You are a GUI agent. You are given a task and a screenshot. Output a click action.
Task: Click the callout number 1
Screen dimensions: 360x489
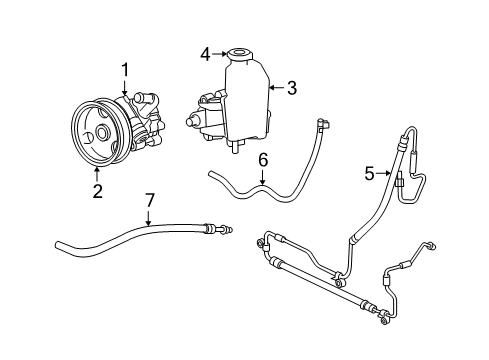click(125, 69)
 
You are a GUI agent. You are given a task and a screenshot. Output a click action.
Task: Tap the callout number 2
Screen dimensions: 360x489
click(97, 192)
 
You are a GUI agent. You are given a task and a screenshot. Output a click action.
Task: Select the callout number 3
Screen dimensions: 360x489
click(292, 88)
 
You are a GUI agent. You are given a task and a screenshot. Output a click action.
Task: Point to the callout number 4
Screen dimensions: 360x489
click(204, 55)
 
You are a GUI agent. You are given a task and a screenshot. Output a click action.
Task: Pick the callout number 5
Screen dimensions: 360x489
click(369, 174)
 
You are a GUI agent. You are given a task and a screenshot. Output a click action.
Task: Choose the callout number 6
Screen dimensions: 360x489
click(262, 158)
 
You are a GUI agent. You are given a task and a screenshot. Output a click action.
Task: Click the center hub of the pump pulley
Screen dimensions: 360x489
click(102, 134)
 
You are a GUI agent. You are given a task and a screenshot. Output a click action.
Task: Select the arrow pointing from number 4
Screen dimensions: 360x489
click(219, 55)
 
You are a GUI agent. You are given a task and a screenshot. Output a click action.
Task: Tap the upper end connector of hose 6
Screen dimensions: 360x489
click(320, 125)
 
